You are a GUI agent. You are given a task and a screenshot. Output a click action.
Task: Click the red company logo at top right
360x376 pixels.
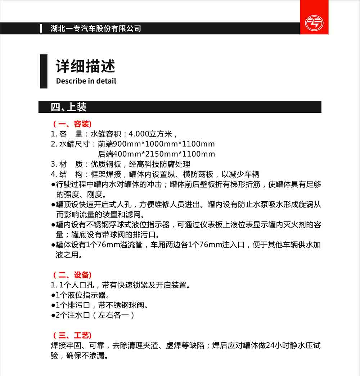[314, 23]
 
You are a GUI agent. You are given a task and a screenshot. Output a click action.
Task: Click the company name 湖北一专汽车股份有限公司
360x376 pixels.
[96, 28]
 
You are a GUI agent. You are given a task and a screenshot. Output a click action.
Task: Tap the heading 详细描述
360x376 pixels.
[86, 66]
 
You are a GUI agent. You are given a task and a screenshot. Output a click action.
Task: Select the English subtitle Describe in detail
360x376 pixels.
[86, 81]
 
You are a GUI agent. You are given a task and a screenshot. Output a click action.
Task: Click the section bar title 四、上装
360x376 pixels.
[69, 107]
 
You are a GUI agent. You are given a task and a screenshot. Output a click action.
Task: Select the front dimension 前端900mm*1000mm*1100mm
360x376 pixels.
[156, 144]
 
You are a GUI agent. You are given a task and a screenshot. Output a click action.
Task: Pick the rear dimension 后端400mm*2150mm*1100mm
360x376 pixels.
[156, 154]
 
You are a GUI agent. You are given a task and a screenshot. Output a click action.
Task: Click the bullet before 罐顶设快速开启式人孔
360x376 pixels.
[53, 205]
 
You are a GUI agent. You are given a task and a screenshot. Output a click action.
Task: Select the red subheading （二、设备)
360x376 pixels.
[72, 275]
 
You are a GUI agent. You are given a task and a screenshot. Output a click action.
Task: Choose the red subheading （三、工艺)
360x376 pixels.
[72, 335]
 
